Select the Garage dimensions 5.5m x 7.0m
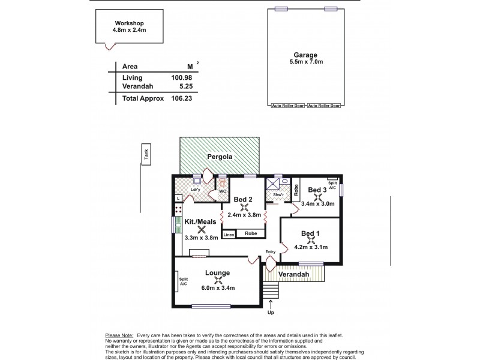(x=305, y=61)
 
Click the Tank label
(x=145, y=154)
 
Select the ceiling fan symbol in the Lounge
(x=219, y=279)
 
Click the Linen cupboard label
(x=229, y=234)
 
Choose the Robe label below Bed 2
(x=251, y=233)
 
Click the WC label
(x=221, y=191)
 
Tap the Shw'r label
(x=278, y=194)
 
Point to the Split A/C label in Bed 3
(x=332, y=185)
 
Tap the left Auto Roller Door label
(x=287, y=106)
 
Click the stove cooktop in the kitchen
(x=178, y=210)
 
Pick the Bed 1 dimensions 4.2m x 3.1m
(x=310, y=247)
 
